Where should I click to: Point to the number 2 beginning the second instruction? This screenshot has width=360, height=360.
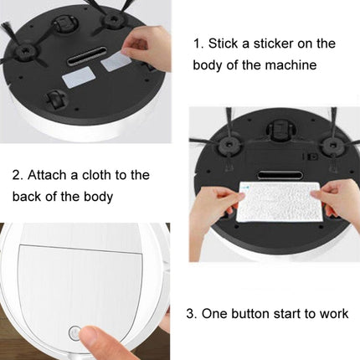point(16,174)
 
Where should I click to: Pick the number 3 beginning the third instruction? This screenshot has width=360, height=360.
point(190,314)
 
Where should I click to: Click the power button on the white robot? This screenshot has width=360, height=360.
point(74,332)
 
